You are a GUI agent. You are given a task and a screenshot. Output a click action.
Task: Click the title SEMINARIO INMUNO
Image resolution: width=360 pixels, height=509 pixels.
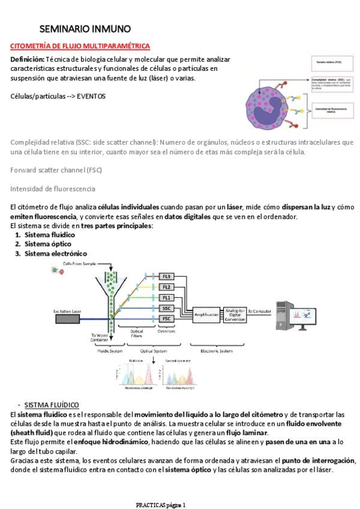click(x=85, y=29)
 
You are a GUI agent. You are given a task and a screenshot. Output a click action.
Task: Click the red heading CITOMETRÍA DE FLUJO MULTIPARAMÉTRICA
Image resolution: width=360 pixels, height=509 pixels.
click(x=80, y=46)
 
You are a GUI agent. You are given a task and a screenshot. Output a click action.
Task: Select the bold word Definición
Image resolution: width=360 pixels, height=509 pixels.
click(x=28, y=60)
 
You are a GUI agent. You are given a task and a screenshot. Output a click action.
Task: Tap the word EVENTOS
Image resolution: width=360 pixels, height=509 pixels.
click(x=92, y=96)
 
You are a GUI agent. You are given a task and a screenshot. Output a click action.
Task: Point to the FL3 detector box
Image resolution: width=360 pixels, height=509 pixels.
click(x=167, y=276)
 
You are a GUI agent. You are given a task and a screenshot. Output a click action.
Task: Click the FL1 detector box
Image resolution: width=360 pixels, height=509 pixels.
click(x=167, y=298)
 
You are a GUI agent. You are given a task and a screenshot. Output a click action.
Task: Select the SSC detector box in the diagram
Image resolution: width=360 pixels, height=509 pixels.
click(x=167, y=308)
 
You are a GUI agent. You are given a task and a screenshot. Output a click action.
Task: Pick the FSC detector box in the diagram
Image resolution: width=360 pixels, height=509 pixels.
click(x=167, y=319)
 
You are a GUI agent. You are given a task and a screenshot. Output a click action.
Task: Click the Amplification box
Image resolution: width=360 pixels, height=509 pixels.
click(x=206, y=313)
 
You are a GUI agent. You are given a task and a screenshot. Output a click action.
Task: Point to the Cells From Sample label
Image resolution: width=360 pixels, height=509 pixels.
click(x=79, y=263)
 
